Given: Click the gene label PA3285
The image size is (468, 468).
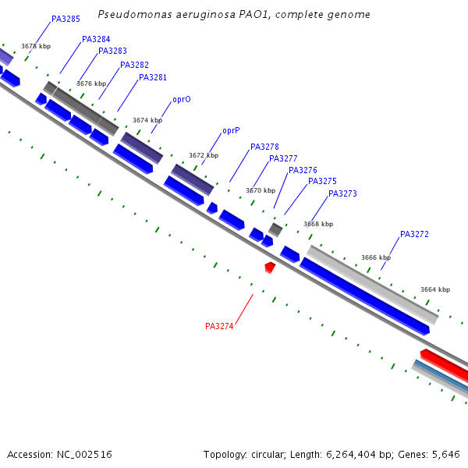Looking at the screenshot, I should coord(66,19).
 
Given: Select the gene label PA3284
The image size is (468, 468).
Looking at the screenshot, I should coord(96,39).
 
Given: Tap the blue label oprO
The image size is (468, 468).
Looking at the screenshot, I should coord(182,100).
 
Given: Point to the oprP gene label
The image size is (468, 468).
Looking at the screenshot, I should coord(231,130).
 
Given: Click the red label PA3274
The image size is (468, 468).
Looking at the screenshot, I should coord(219,326).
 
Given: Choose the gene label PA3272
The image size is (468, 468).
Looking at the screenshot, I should coord(414,234).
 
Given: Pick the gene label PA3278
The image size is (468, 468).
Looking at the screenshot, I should coord(264,147).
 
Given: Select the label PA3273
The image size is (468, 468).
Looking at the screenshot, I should coord(342,193).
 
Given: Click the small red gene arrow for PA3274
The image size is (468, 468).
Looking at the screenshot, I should coord(270,267).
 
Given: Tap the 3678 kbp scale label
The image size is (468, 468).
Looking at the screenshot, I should coord(36,46).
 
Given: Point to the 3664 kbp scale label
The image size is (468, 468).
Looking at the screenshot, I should coord(435,289).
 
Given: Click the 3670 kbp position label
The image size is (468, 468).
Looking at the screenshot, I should coord(261,190).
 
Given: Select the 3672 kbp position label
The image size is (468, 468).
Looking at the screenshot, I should coord(204,155).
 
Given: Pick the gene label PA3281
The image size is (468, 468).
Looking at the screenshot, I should coord(153,77).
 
